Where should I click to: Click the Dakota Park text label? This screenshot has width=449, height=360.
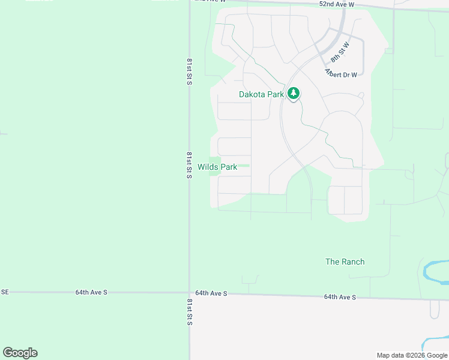click(261, 94)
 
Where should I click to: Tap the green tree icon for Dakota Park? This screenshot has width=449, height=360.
click(293, 94)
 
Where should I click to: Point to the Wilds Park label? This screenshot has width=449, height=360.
click(217, 167)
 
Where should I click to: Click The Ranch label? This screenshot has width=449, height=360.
click(345, 262)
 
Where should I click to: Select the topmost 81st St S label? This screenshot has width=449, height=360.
click(188, 71)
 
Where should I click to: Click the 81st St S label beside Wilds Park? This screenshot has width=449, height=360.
click(188, 164)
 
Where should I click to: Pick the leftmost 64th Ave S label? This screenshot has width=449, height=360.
click(91, 292)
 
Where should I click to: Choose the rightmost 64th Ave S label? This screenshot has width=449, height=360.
click(340, 297)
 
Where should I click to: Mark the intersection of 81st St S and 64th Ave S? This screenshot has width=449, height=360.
click(190, 293)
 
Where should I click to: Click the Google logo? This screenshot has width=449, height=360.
click(20, 353)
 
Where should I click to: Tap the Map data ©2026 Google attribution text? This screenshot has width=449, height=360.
click(411, 355)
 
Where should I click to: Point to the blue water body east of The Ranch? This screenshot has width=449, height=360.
click(436, 271)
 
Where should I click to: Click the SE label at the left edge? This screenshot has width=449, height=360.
click(5, 292)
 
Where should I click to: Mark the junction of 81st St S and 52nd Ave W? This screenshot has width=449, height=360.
click(190, 1)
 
